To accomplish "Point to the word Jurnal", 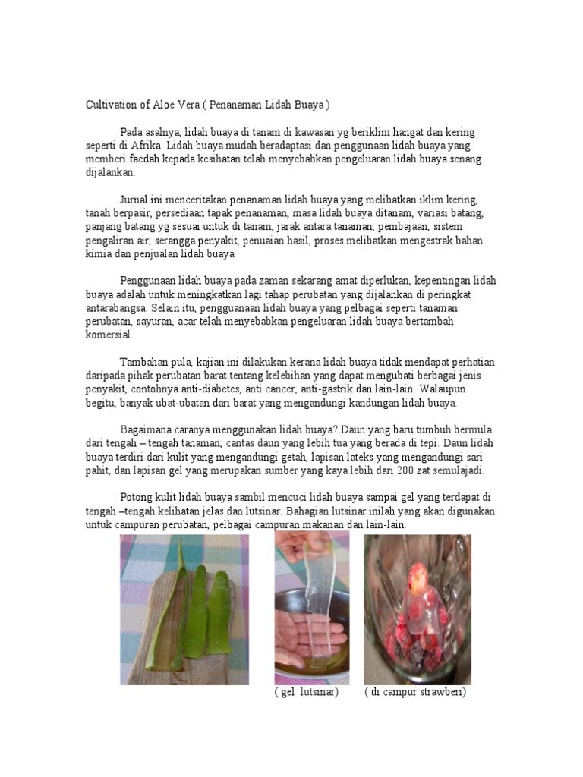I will [137, 200].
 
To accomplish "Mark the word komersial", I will [109, 335].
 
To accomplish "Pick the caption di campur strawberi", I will [414, 693].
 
